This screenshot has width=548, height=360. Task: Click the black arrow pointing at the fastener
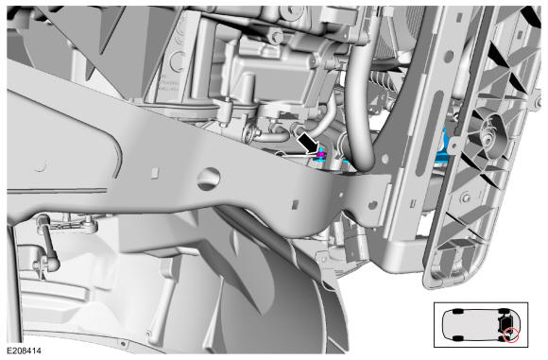[x=309, y=144]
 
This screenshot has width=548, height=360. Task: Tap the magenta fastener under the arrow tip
[x=321, y=154]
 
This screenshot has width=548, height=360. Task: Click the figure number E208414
[x=24, y=351]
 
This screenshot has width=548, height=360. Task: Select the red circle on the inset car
[x=511, y=335]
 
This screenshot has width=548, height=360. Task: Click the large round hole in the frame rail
[x=209, y=179]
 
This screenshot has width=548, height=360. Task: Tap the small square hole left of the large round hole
[x=155, y=172]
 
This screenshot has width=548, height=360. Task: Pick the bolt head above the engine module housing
[x=277, y=36]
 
